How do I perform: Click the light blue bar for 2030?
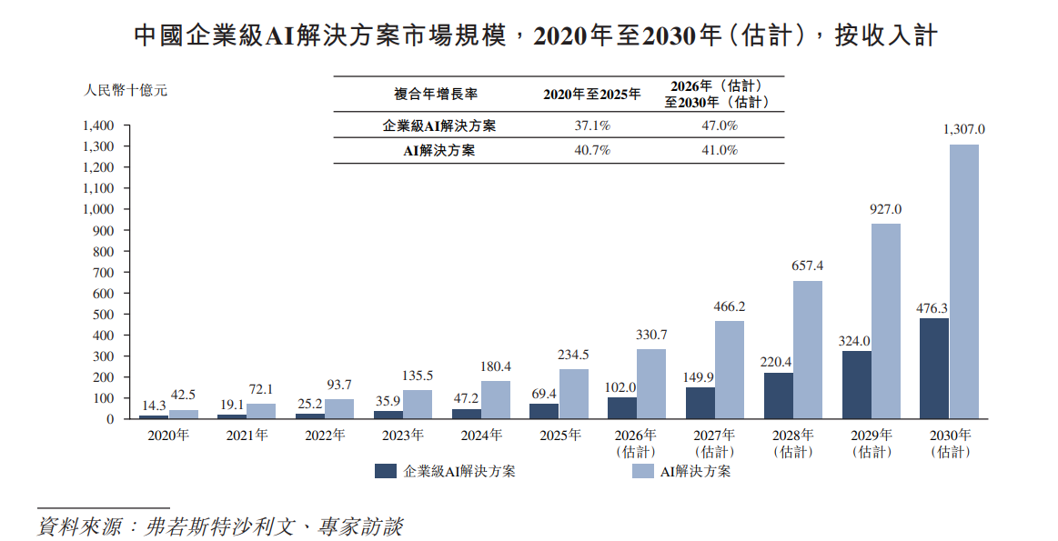point(963,281)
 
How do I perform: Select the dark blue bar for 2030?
point(934,368)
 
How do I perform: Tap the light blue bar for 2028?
point(808,349)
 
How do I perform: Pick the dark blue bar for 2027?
point(700,403)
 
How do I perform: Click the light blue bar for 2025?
point(573,394)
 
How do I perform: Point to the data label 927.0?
point(885,210)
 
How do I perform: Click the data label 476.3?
point(932,308)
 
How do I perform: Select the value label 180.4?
point(495,367)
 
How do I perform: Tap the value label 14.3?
point(154,406)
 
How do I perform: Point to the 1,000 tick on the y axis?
point(98,209)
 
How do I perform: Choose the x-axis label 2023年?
point(403,436)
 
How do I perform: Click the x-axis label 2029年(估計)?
point(872,444)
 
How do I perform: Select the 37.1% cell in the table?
point(592,125)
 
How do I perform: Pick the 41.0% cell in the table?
point(720,150)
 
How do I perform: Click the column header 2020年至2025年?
point(591,95)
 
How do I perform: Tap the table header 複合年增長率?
point(436,95)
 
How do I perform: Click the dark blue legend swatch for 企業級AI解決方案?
point(386,471)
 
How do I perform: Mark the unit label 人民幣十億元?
point(126,90)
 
